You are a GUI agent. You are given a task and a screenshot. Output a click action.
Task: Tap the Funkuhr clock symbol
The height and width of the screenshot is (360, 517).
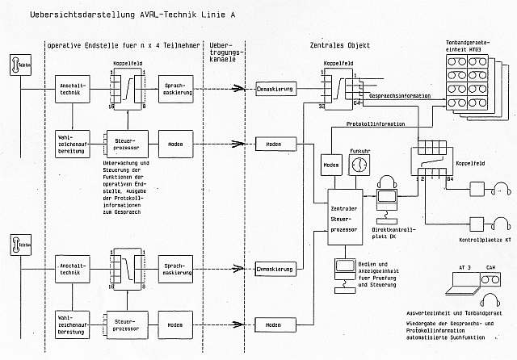pyautogui.click(x=360, y=164)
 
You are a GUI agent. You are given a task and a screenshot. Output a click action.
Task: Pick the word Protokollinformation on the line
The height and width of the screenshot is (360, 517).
pyautogui.click(x=377, y=123)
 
